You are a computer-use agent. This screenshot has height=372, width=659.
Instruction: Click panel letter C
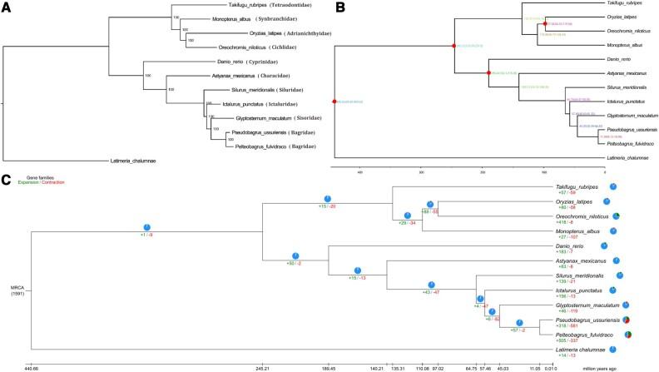tap(7, 179)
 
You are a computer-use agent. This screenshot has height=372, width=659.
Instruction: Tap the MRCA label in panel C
tap(14, 288)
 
